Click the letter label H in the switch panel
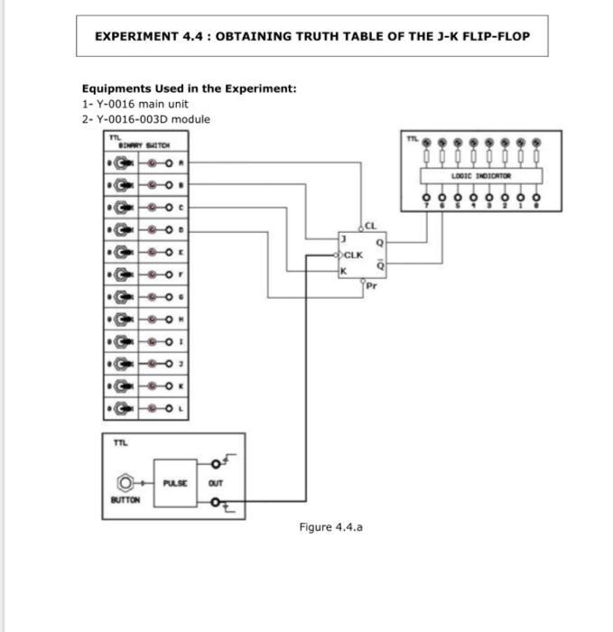click(181, 319)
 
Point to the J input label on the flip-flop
click(343, 238)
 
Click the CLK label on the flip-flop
click(353, 255)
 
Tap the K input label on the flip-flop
click(343, 270)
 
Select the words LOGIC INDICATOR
click(482, 175)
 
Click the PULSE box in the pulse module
click(175, 483)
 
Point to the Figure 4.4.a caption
click(330, 526)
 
